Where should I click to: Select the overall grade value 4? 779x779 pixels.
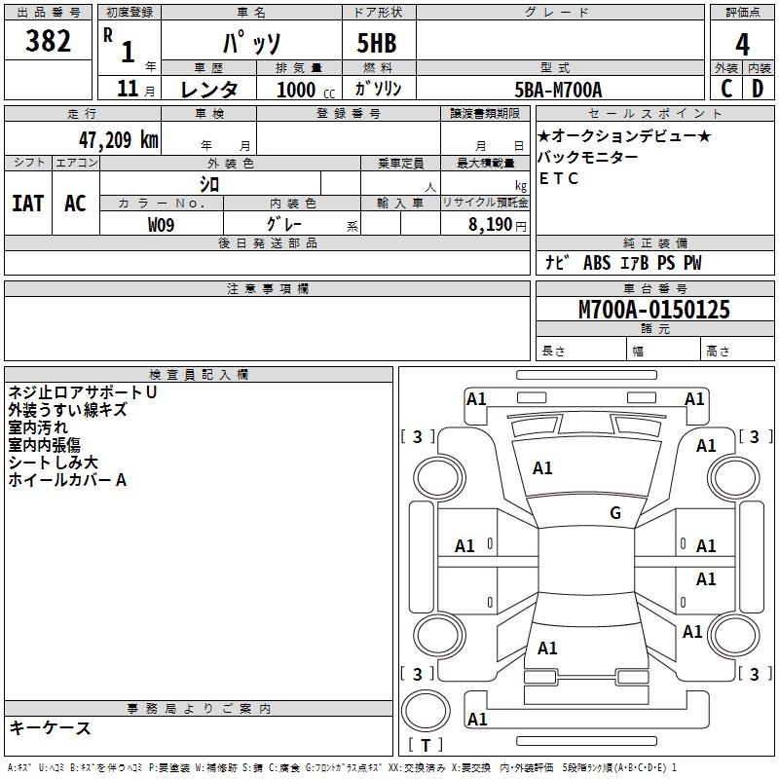tap(742, 43)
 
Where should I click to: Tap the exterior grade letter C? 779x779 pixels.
tap(725, 89)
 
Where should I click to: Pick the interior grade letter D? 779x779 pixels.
tap(758, 89)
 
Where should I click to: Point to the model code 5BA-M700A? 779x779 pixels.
tap(558, 90)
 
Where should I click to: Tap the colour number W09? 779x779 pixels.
tap(162, 224)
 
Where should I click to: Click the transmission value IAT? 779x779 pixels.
tap(27, 203)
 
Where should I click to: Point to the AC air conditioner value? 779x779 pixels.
tap(75, 203)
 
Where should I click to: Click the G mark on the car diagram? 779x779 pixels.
tap(614, 513)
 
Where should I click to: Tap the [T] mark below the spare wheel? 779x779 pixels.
tap(425, 745)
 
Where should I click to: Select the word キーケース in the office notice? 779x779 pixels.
tap(50, 727)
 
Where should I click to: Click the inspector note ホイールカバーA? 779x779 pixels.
tap(67, 480)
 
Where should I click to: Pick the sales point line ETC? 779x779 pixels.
tap(558, 178)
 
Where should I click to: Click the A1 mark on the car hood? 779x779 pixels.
tap(542, 468)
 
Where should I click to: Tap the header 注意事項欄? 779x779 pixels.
tap(267, 289)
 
